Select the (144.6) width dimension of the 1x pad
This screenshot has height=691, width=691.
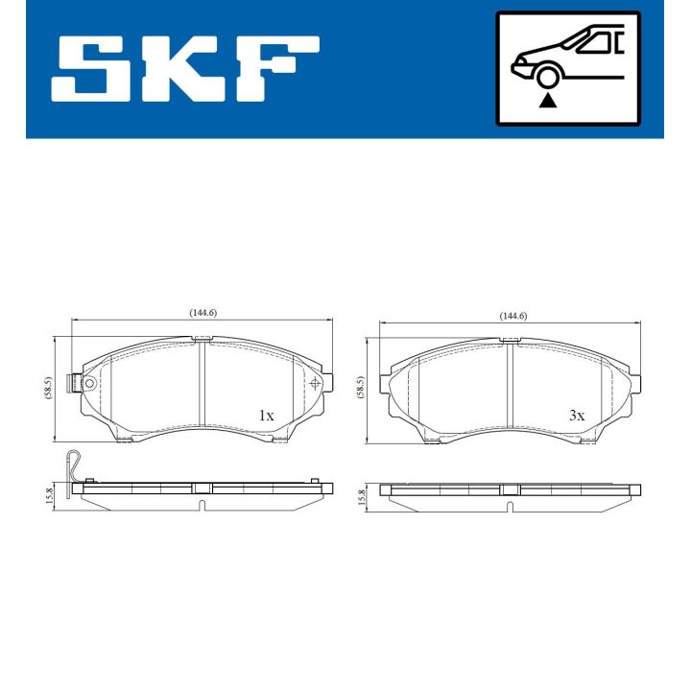(203, 313)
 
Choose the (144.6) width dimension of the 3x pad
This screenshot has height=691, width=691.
(513, 317)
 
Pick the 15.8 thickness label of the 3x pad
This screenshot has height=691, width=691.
(361, 495)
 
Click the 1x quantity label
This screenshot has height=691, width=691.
(266, 416)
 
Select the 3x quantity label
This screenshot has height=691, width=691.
(576, 416)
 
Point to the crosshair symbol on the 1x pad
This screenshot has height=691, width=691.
(315, 382)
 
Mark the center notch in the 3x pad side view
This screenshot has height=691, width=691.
(509, 488)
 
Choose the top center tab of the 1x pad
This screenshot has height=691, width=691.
(202, 339)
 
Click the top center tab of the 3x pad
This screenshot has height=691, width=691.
(512, 341)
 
